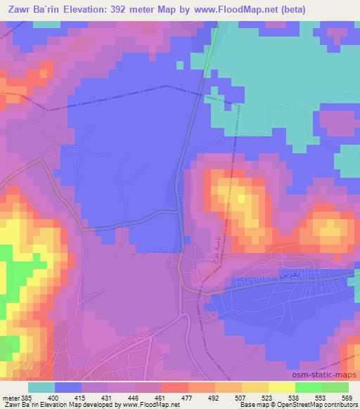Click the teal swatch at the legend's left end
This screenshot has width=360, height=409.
pyautogui.click(x=41, y=387)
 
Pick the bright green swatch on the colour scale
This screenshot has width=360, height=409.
pyautogui.click(x=308, y=387)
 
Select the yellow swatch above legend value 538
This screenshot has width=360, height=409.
pyautogui.click(x=281, y=387)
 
